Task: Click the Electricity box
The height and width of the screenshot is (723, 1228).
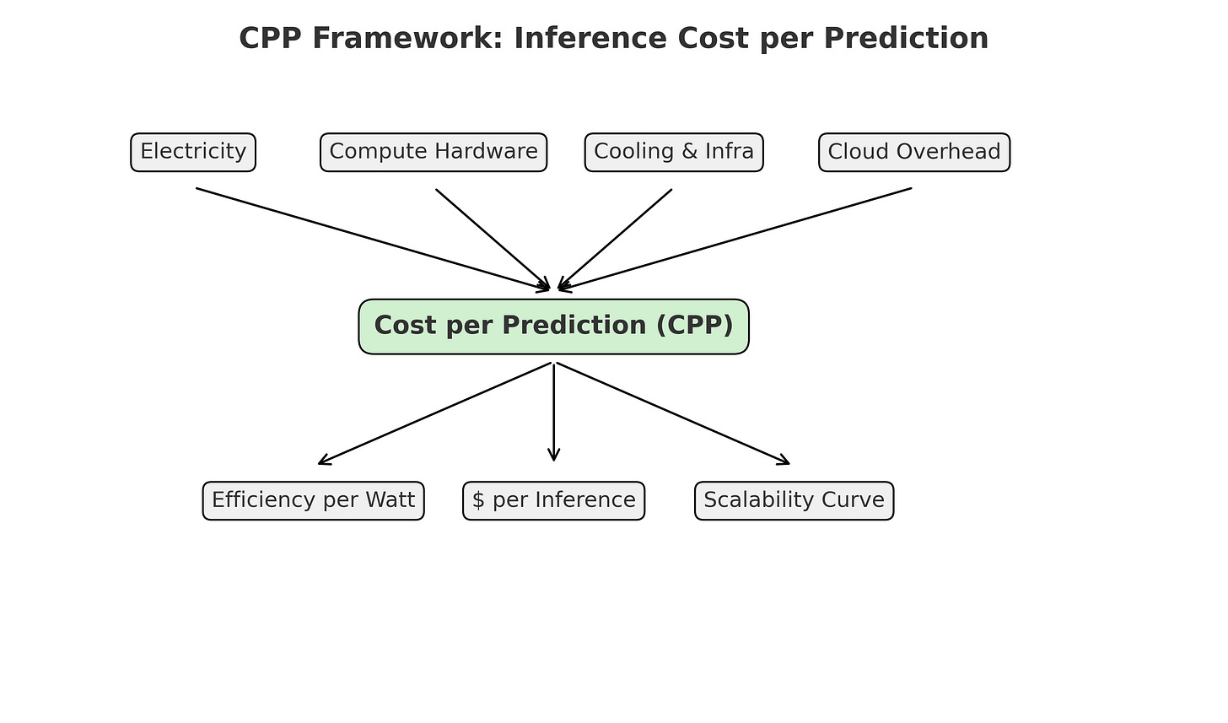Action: tap(193, 152)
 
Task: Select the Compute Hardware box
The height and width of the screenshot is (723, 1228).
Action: tap(434, 152)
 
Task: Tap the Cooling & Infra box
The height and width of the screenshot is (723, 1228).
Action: tap(674, 152)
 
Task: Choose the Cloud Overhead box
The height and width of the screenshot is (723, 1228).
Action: tap(914, 152)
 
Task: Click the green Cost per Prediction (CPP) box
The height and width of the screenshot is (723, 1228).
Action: tap(553, 326)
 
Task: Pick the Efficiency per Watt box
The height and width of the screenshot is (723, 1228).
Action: tap(313, 500)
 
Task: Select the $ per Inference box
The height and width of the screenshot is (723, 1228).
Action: tap(553, 500)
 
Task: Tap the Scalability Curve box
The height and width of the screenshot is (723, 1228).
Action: tap(794, 500)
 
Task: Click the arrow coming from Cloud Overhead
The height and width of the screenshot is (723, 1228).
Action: tap(735, 239)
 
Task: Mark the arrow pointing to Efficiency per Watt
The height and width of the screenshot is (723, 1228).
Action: tap(435, 413)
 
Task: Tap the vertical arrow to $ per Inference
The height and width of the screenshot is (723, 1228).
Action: tap(553, 413)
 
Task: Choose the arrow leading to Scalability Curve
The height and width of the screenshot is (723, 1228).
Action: tap(672, 413)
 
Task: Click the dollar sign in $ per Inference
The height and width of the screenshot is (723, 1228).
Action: tap(478, 500)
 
